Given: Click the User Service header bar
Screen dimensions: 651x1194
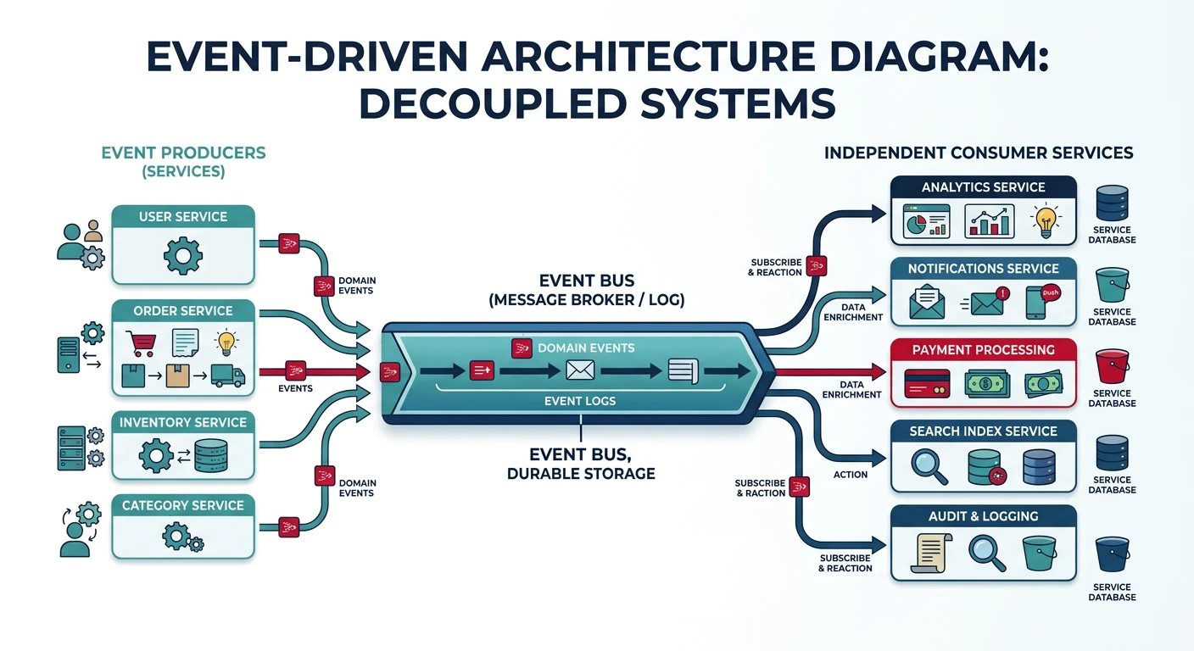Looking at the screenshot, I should tap(183, 217).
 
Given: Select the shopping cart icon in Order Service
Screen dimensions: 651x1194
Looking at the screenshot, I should tap(140, 342).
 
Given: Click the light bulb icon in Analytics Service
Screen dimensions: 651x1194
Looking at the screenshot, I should tap(1045, 221).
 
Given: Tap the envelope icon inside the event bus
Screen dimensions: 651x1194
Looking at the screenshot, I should tap(580, 370).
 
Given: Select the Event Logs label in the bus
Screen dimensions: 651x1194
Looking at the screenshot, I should tap(580, 401).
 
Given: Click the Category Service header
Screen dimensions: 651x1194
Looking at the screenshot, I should tap(183, 505).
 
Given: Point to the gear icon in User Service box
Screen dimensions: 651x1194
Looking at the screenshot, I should tap(183, 254).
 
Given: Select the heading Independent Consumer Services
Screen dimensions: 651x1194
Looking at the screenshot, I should tap(979, 153).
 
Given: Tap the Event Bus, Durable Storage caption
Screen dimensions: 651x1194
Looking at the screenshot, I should tap(581, 463).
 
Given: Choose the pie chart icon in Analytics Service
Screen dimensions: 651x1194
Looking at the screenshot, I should tap(926, 225).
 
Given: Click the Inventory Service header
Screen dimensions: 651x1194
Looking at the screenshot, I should tap(183, 422).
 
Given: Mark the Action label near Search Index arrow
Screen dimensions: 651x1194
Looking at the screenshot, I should tap(850, 475).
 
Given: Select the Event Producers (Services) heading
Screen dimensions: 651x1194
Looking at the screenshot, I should tap(183, 162).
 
